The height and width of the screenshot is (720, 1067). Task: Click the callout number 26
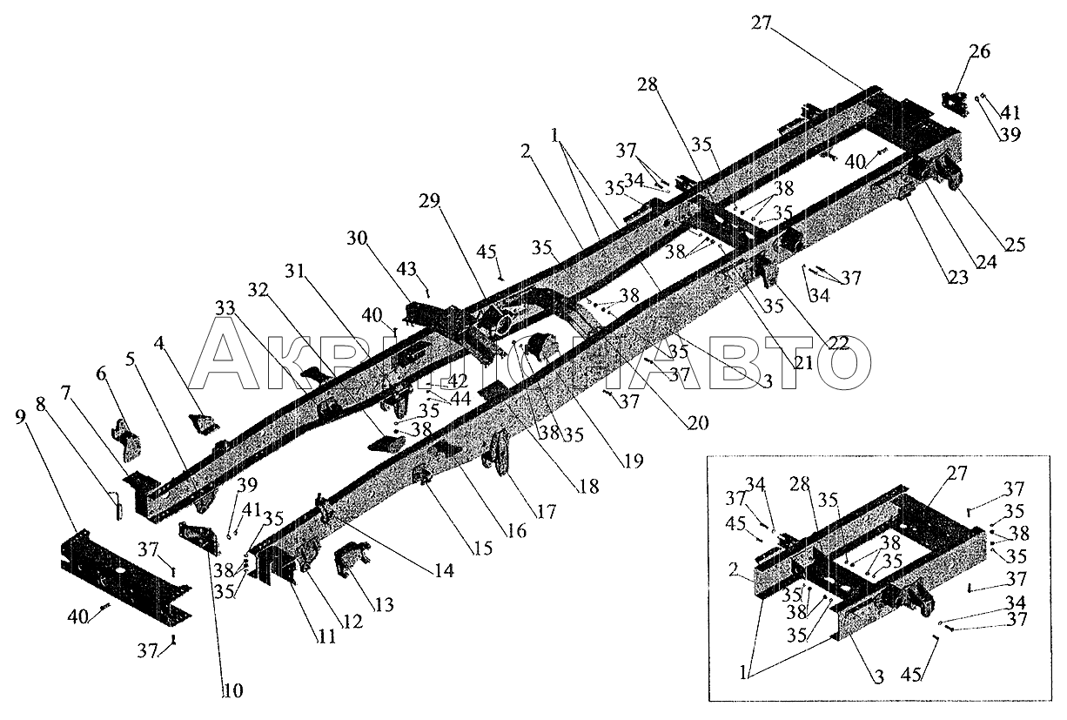click(979, 52)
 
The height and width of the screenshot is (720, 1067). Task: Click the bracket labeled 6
click(126, 439)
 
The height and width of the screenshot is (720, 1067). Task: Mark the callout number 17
click(547, 514)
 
